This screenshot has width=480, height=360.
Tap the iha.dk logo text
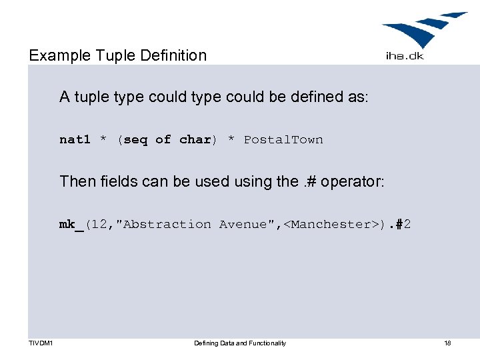point(404,56)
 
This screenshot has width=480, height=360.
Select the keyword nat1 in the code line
point(75,139)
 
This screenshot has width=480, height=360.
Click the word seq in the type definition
point(135,139)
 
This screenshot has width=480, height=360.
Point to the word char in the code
point(195,139)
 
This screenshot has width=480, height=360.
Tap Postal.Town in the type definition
point(283,139)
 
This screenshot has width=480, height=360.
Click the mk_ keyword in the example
point(71,225)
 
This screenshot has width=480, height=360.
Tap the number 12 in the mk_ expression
point(99,225)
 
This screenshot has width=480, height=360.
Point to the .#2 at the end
point(399,225)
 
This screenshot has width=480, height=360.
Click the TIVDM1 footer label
point(41,343)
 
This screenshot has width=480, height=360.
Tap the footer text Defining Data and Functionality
point(240,343)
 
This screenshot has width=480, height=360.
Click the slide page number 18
point(447,343)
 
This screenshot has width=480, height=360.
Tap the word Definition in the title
point(174,55)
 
